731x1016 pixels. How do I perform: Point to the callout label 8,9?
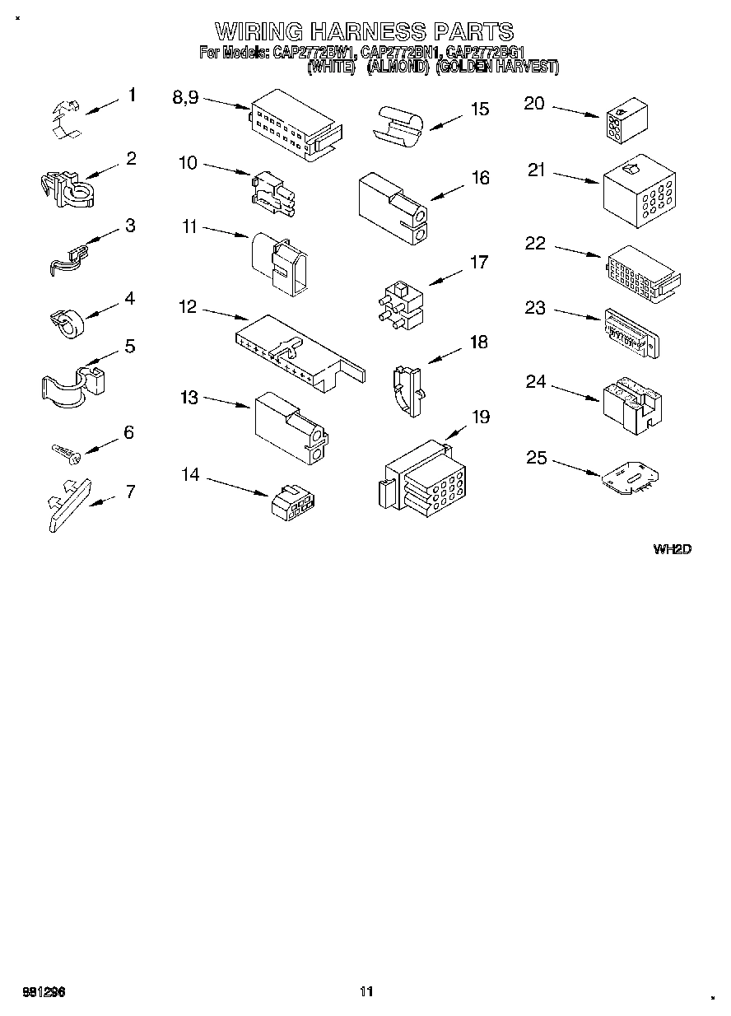[x=185, y=96]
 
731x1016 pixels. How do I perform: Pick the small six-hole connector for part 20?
[x=625, y=123]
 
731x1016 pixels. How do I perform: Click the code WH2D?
[x=672, y=549]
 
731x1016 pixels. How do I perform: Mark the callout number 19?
[x=480, y=417]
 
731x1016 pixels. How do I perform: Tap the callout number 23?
[x=535, y=307]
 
